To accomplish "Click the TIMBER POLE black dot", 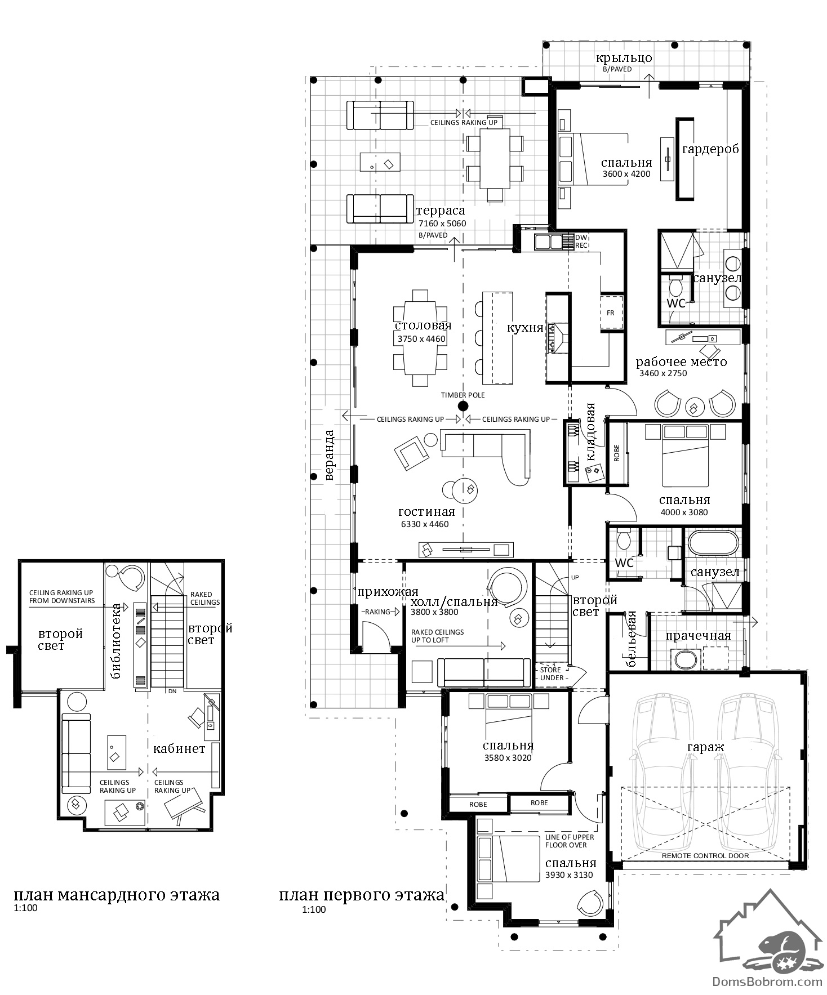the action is (463, 406).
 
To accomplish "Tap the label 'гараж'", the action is (705, 747).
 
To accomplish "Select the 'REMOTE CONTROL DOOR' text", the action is (705, 855).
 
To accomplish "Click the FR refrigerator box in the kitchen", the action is (611, 313).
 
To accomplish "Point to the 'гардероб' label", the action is (710, 149).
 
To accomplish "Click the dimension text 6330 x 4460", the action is (425, 524).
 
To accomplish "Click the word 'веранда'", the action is (330, 455).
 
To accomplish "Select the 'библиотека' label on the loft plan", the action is (117, 641).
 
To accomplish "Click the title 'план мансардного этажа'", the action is (117, 894).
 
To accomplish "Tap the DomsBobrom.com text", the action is (767, 981).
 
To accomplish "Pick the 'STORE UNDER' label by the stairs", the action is (551, 673).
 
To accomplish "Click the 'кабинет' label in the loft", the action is (179, 748).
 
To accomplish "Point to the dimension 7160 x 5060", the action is (442, 223).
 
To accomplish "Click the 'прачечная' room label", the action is (699, 636).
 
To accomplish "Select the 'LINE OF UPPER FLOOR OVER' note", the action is (570, 841).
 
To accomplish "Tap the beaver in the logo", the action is (784, 945).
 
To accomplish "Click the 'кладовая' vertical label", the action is (591, 432).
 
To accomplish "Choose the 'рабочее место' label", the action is (682, 362).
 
